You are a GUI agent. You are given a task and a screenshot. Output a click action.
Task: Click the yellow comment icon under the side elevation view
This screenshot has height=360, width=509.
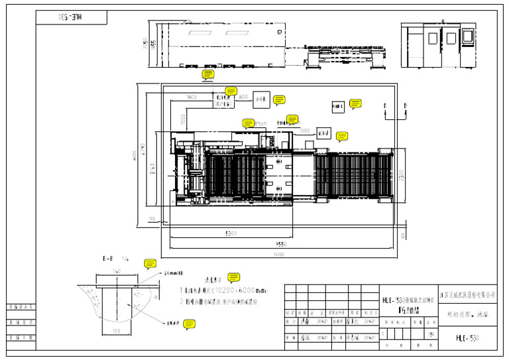tap(209, 74)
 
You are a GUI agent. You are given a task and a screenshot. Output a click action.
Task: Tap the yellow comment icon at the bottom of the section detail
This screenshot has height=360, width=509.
tap(190, 324)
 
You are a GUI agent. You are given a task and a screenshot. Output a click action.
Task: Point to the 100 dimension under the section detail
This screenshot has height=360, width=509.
tap(117, 330)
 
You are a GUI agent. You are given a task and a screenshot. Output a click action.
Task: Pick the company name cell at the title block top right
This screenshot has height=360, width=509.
tap(467, 294)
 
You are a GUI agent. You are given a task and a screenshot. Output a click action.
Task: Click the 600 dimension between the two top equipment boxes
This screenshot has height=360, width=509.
tap(243, 97)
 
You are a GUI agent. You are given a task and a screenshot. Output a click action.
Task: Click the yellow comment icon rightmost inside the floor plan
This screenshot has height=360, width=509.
tap(355, 103)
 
